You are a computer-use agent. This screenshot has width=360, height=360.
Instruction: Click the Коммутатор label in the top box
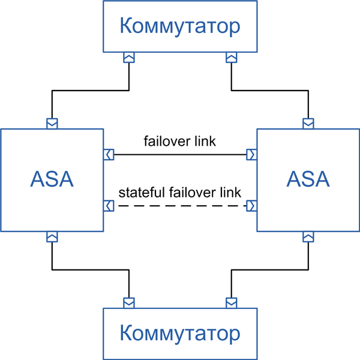pyautogui.click(x=180, y=26)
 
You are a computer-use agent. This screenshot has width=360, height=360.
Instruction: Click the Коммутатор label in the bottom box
pyautogui.click(x=180, y=334)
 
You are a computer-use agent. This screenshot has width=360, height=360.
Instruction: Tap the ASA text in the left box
pyautogui.click(x=52, y=179)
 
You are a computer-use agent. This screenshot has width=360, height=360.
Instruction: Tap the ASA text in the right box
pyautogui.click(x=308, y=179)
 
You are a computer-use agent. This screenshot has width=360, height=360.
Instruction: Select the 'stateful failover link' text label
pyautogui.click(x=180, y=193)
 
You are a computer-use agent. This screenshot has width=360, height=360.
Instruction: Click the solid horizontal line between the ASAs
pyautogui.click(x=180, y=155)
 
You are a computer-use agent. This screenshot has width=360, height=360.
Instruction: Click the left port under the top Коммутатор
pyautogui.click(x=129, y=58)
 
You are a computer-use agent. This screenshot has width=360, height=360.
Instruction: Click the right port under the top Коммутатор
pyautogui.click(x=231, y=58)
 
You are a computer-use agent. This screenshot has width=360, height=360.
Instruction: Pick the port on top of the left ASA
pyautogui.click(x=52, y=124)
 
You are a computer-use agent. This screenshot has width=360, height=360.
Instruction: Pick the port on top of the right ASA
pyautogui.click(x=308, y=124)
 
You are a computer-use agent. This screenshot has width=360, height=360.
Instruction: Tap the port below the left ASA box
pyautogui.click(x=52, y=237)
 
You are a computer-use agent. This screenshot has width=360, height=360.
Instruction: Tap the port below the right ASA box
pyautogui.click(x=308, y=237)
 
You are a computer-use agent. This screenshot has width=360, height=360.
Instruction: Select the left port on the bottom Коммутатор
pyautogui.click(x=129, y=303)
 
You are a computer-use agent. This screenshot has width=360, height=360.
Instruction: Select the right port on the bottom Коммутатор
pyautogui.click(x=231, y=303)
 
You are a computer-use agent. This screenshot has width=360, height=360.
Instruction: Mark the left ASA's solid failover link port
pyautogui.click(x=109, y=155)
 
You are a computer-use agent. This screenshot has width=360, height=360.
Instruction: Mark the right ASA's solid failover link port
pyautogui.click(x=251, y=155)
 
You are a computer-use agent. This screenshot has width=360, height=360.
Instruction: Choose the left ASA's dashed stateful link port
pyautogui.click(x=109, y=206)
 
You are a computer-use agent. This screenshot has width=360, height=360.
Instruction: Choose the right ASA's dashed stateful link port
pyautogui.click(x=251, y=206)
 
